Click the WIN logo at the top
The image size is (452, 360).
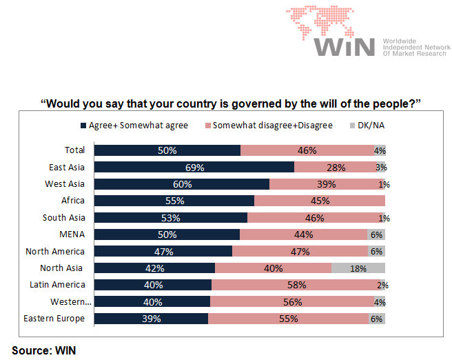(x=345, y=34)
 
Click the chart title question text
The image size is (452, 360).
(x=231, y=104)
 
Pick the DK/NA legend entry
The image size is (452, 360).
(x=370, y=126)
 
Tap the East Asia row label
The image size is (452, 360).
(x=66, y=167)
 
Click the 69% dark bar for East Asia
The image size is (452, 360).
(x=194, y=168)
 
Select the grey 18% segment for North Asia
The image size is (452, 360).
(x=358, y=268)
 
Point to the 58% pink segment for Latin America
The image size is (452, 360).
(x=298, y=285)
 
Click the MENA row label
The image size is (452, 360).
(x=72, y=234)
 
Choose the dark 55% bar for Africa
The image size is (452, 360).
(x=174, y=201)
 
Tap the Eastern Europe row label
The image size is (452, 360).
(x=54, y=319)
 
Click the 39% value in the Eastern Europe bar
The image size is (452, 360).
(x=151, y=319)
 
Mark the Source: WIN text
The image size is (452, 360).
(x=43, y=350)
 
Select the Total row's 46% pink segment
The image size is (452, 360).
(x=307, y=150)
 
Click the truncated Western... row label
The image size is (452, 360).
(x=70, y=302)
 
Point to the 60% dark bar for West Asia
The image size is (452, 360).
(x=181, y=184)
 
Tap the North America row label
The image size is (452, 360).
(x=55, y=252)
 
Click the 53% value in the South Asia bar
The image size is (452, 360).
(x=170, y=218)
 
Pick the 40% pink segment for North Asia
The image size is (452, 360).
(x=273, y=268)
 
